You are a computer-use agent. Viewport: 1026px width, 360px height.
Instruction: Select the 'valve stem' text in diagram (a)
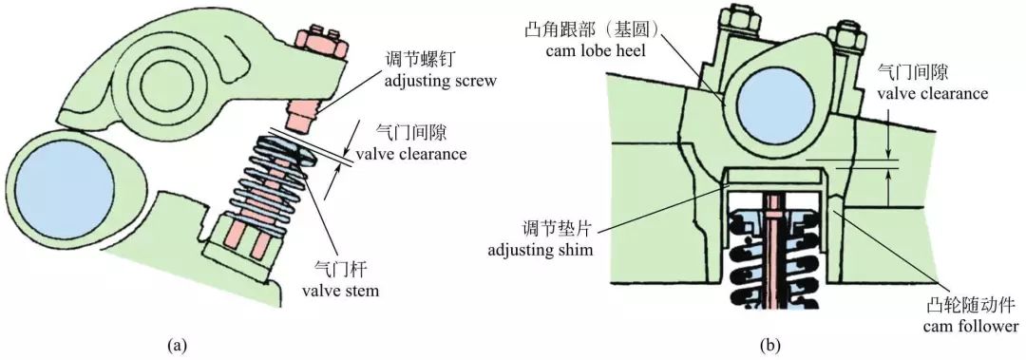tap(339, 291)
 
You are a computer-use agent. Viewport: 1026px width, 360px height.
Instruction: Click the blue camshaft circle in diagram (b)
tap(769, 101)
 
